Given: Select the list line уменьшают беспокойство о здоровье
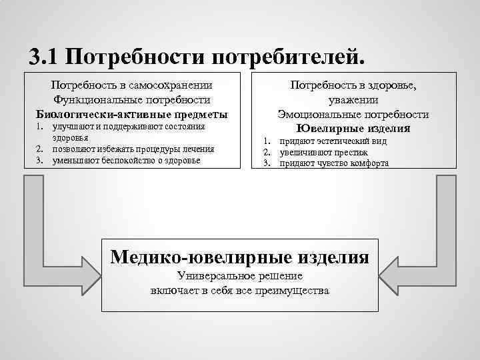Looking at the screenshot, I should (126, 160).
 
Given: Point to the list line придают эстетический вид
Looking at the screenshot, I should (333, 141).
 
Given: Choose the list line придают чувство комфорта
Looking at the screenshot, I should (334, 163).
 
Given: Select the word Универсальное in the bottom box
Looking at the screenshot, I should (213, 276).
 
